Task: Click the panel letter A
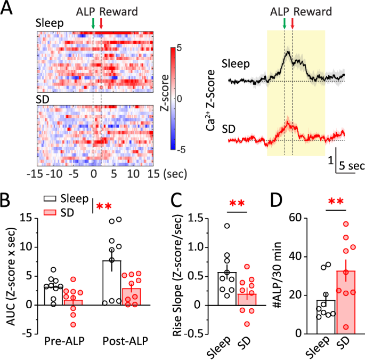(9, 11)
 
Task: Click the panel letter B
(7, 201)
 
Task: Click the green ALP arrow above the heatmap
(93, 23)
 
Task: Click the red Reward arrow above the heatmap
(101, 23)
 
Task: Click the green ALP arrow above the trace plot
(285, 23)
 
